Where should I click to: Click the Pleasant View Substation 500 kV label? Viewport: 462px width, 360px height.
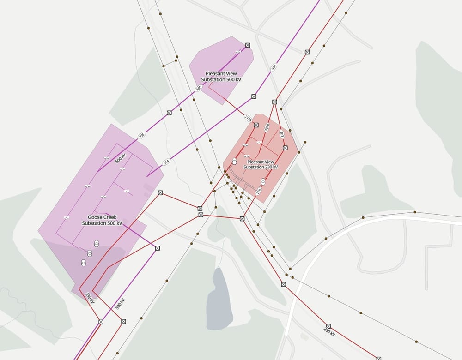pos(221,77)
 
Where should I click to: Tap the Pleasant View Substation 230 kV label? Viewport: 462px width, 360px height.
pos(261,164)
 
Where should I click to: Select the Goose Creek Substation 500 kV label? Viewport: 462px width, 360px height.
pos(102,220)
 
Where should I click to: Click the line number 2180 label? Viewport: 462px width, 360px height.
pos(248,119)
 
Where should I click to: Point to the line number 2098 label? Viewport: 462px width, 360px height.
pos(267,128)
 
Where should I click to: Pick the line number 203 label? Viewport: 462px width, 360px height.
pos(281,134)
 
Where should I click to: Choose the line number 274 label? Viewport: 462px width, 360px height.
pos(259,191)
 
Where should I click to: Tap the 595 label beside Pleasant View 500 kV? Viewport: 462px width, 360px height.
pos(199,88)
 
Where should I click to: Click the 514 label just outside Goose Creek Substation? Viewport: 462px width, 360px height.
pos(166,162)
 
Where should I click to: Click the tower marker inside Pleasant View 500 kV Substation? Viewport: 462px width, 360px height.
pos(248,45)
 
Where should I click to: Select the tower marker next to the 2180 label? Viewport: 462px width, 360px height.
pos(256,125)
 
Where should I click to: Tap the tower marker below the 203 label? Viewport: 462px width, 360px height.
pos(285,148)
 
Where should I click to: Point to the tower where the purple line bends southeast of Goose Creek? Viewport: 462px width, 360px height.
pos(158,248)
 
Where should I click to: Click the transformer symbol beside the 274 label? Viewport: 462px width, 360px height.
pos(263,181)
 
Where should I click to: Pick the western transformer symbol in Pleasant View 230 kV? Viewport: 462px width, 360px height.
pos(234,161)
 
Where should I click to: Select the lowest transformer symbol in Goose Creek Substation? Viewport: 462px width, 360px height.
pos(84,263)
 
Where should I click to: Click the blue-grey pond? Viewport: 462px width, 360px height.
pos(219,300)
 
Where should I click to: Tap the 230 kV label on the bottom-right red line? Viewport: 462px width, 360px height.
pos(328,331)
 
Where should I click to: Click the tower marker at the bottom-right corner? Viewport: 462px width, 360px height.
pos(378,358)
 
